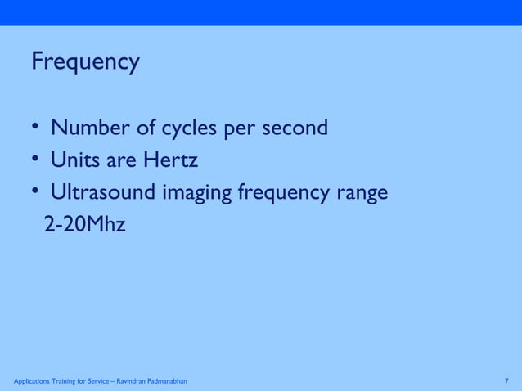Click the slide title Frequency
click(85, 63)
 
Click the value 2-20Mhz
click(84, 224)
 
